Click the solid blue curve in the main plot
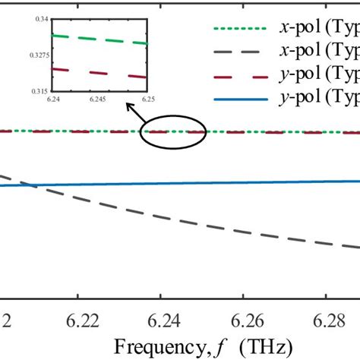click(228, 183)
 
